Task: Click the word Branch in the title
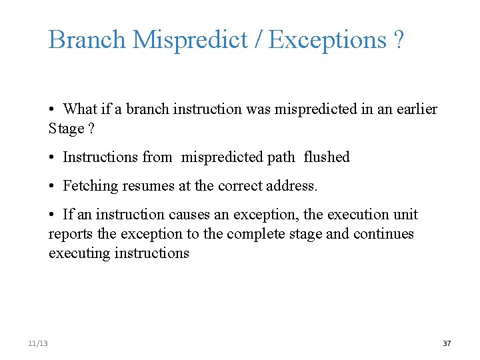87,40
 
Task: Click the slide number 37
447,343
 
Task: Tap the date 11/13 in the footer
38,343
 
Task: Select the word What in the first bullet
80,109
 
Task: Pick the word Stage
66,128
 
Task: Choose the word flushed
327,157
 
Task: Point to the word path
280,157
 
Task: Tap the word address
293,186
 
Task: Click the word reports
70,234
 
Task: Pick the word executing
77,253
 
